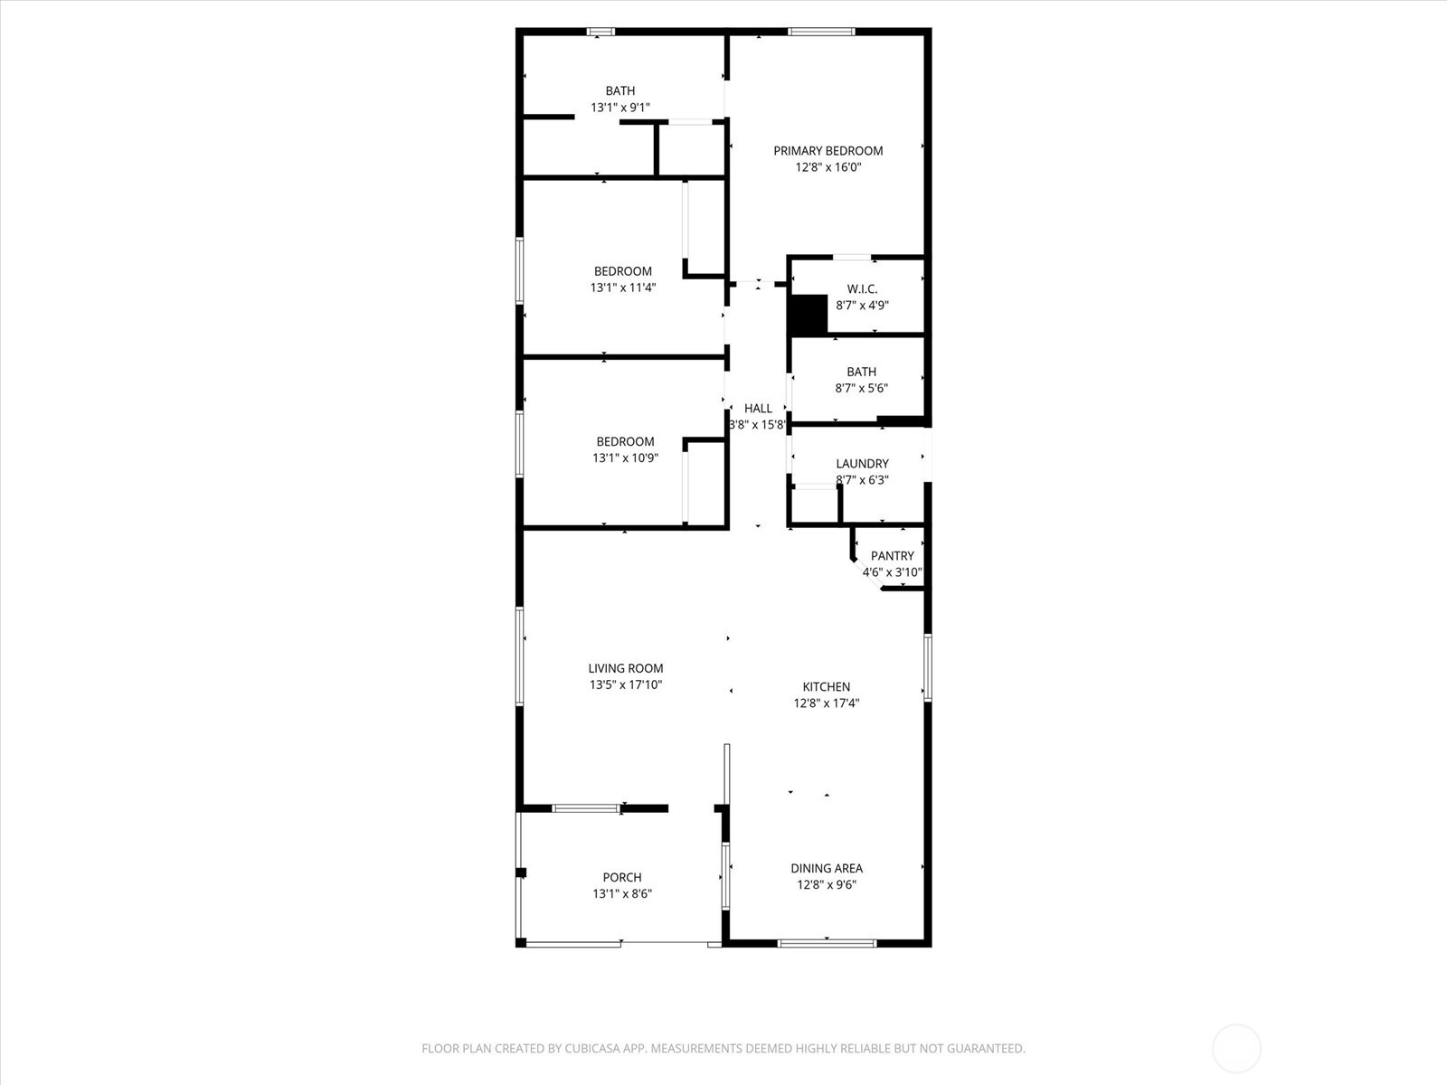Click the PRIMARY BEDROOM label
tap(828, 151)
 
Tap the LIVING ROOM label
tap(626, 669)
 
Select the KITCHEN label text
tap(827, 687)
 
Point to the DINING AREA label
tap(827, 869)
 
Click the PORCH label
tap(622, 878)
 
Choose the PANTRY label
tap(892, 556)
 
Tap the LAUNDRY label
tap(862, 464)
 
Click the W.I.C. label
tap(862, 289)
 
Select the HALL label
tap(758, 409)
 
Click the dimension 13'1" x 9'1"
tap(620, 108)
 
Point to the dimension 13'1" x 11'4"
tap(623, 288)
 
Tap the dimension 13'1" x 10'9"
tap(625, 458)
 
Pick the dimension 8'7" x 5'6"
tap(861, 389)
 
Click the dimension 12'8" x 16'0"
tap(828, 167)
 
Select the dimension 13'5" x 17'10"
tap(626, 685)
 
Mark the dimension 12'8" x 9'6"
tap(827, 885)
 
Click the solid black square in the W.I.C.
tap(808, 315)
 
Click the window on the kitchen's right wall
tap(927, 667)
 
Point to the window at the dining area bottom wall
tap(827, 944)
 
